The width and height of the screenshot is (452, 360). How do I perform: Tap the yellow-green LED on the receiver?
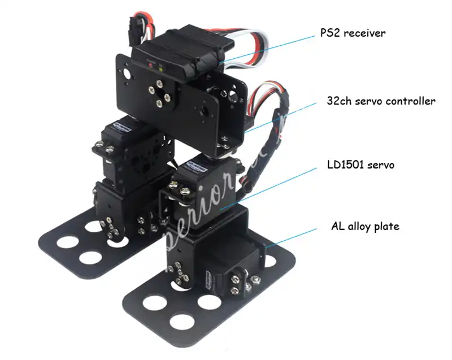160,66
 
